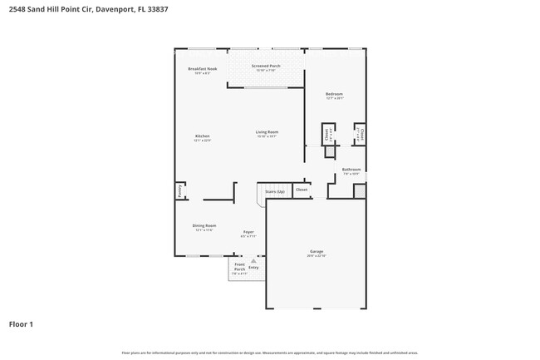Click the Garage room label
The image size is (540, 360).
click(316, 251)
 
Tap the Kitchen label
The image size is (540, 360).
click(202, 136)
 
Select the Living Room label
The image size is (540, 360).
click(266, 132)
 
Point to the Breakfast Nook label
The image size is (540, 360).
click(202, 69)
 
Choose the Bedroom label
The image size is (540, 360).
click(334, 95)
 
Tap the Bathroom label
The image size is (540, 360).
click(351, 170)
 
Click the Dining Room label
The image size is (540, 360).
click(205, 225)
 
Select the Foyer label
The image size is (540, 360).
click(248, 232)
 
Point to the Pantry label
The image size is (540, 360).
click(179, 190)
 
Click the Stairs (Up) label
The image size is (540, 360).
click(274, 191)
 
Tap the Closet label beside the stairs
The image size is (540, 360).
click(302, 190)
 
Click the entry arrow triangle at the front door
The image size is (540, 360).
click(253, 260)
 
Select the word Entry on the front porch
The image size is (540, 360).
click(253, 267)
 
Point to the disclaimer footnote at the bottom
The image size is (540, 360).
click(270, 353)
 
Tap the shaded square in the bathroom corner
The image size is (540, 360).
click(359, 190)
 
